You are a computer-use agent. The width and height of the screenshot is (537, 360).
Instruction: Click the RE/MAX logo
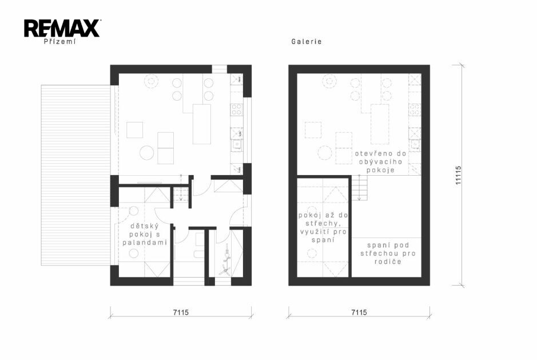pyautogui.click(x=62, y=29)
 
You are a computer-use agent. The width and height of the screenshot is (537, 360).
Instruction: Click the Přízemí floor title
pyautogui.click(x=59, y=42)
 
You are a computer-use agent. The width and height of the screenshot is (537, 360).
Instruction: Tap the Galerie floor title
pyautogui.click(x=307, y=41)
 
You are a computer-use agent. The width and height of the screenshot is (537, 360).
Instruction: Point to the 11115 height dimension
pyautogui.click(x=458, y=175)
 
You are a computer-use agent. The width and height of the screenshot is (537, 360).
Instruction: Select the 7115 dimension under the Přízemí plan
pyautogui.click(x=181, y=312)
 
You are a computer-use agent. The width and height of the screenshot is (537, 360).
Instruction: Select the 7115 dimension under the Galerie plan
pyautogui.click(x=359, y=312)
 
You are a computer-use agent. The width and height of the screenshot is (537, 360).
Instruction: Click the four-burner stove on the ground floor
pyautogui.click(x=236, y=109)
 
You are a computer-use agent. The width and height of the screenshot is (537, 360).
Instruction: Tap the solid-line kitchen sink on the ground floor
pyautogui.click(x=237, y=145)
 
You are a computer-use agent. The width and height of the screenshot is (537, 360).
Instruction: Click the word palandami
pyautogui.click(x=145, y=243)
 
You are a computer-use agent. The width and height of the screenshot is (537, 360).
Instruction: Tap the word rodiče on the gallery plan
pyautogui.click(x=388, y=262)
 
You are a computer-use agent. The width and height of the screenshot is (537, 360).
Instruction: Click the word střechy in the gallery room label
pyautogui.click(x=323, y=224)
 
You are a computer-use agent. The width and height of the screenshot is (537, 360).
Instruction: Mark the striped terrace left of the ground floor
pyautogui.click(x=75, y=175)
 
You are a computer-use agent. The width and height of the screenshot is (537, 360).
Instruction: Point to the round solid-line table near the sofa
pyautogui.click(x=147, y=153)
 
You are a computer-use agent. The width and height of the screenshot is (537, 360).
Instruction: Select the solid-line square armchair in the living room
pyautogui.click(x=134, y=130)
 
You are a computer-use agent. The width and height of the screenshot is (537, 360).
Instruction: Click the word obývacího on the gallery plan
pyautogui.click(x=380, y=162)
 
